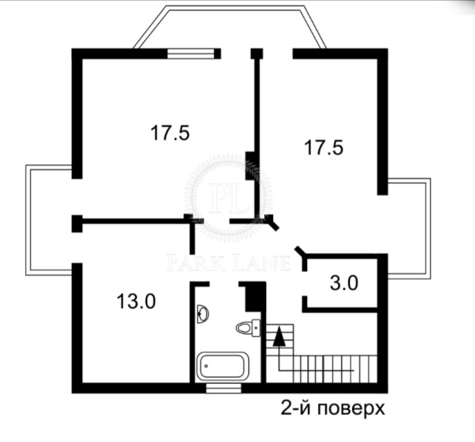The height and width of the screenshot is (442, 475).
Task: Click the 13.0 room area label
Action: click(136, 302)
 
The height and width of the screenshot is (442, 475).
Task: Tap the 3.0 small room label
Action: click(344, 283)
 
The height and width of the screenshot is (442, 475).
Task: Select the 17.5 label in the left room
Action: click(170, 133)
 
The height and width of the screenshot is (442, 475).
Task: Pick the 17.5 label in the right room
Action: click(324, 148)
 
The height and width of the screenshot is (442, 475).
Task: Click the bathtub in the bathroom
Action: click(223, 366)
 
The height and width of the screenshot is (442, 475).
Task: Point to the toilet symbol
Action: click(248, 327)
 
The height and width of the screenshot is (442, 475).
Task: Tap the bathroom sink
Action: click(203, 314)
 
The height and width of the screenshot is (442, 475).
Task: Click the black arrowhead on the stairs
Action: click(279, 336)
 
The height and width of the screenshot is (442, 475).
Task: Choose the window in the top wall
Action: click(191, 54)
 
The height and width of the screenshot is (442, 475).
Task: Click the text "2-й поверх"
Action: click(333, 408)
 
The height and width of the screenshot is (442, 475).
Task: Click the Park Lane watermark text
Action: click(228, 263)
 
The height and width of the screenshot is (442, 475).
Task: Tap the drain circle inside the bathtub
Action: click(206, 366)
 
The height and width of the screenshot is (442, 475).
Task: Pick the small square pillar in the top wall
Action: click(257, 54)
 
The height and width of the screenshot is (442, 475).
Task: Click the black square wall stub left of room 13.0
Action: click(77, 223)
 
